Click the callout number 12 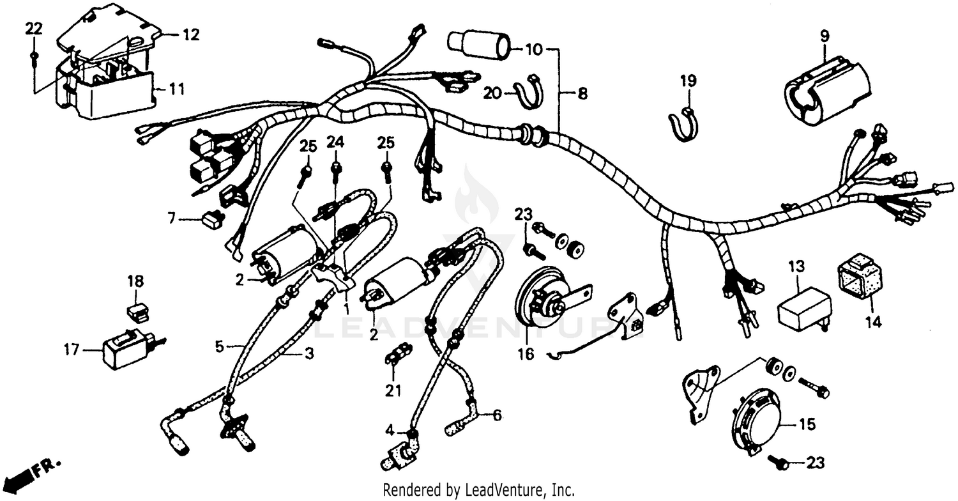191,35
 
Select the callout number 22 34,27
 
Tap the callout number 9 825,35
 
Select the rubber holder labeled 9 827,93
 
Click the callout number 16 526,353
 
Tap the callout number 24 335,142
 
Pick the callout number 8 582,94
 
